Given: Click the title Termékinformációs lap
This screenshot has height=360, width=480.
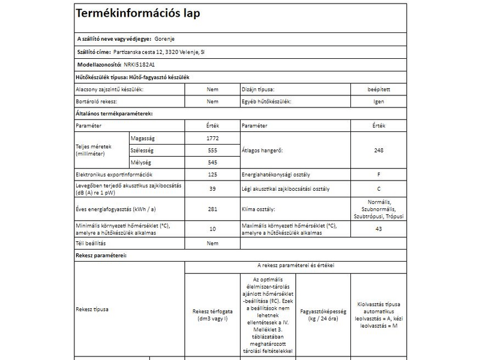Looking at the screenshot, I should pyautogui.click(x=137, y=13).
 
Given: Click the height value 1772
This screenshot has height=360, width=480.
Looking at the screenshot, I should pyautogui.click(x=212, y=138).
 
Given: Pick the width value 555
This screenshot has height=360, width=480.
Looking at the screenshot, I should pyautogui.click(x=212, y=150).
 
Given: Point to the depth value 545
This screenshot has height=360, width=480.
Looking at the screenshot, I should pyautogui.click(x=212, y=163).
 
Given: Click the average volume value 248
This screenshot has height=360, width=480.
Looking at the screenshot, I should pyautogui.click(x=379, y=150).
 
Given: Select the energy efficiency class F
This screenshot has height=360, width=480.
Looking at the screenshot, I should pyautogui.click(x=379, y=175).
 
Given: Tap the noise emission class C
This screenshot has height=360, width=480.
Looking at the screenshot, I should pyautogui.click(x=379, y=188).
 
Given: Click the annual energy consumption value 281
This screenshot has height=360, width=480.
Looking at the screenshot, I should pyautogui.click(x=212, y=209).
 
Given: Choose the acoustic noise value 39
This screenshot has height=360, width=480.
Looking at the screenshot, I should pyautogui.click(x=212, y=188).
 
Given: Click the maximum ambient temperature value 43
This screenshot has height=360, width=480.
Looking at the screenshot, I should pyautogui.click(x=379, y=229).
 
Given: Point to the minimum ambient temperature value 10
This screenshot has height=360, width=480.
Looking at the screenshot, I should pyautogui.click(x=212, y=229).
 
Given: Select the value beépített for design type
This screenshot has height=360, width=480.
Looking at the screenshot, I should pyautogui.click(x=379, y=89).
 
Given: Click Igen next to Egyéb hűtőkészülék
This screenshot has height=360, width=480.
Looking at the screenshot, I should pyautogui.click(x=379, y=101).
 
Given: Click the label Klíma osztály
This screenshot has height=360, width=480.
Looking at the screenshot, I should pyautogui.click(x=258, y=209).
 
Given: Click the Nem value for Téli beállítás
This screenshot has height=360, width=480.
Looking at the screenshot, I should pyautogui.click(x=212, y=244).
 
